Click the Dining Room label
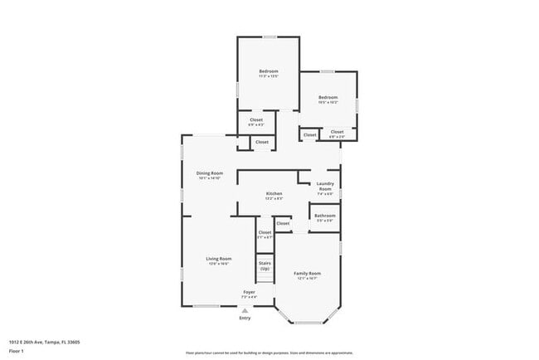point(210,173)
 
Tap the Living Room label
point(219,258)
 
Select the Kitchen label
point(274,193)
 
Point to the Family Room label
point(307,273)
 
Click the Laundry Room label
point(325,186)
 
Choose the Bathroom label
point(324,216)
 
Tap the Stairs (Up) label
point(265,266)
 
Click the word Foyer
point(249,291)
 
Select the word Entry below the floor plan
point(245,318)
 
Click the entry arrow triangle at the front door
point(245,310)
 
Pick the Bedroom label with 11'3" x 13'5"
point(268,71)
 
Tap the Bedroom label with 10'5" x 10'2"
point(328,97)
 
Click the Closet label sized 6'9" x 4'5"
point(256,119)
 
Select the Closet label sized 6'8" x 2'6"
point(337,132)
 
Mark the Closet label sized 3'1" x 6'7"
point(265,232)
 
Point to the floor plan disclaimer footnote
point(269,353)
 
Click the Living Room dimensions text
point(219,263)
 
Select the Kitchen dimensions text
point(274,198)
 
